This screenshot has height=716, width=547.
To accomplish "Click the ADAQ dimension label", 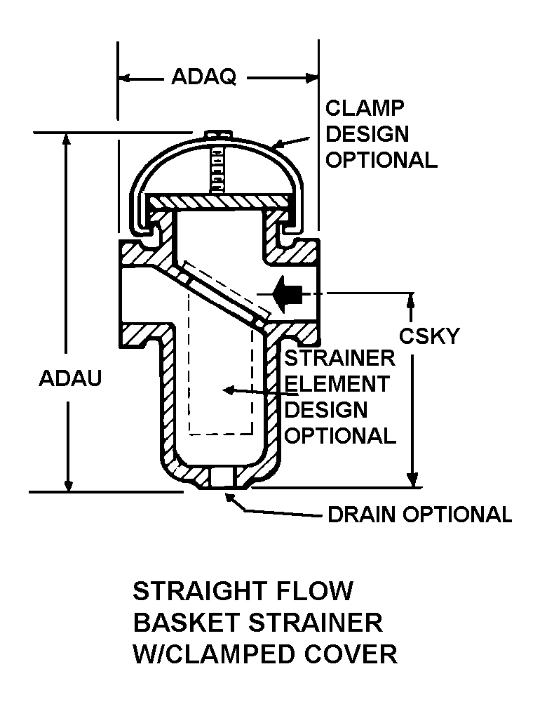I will pos(203,77).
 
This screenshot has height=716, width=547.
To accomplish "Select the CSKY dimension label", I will pos(429,336).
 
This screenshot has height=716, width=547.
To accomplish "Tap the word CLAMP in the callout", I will pos(365,108).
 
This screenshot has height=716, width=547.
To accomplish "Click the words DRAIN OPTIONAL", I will pos(420,515).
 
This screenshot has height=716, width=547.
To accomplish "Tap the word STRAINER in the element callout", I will pos(339,358).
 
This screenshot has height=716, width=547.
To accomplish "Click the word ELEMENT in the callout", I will pos(337,384).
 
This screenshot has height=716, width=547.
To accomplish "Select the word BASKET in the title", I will pos(179,622).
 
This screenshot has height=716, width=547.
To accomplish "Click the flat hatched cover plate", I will pos(218,201).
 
